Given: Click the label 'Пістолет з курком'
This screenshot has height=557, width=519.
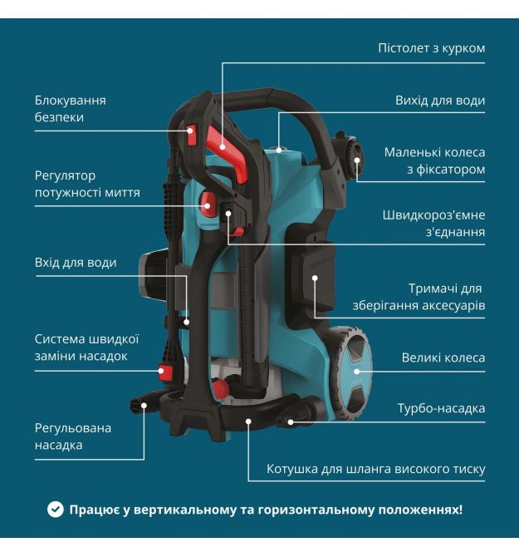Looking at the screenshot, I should point(431,48).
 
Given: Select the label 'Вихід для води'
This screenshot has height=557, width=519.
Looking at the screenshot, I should point(439,101).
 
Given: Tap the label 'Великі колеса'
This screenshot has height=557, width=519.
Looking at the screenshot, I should point(443,357).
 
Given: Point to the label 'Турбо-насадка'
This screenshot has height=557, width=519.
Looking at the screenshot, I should point(441,408).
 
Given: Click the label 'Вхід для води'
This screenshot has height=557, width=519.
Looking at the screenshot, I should point(76,263).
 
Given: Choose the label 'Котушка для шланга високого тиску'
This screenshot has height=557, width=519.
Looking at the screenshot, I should point(375,469).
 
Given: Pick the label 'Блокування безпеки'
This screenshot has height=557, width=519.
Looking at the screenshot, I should point(71,109).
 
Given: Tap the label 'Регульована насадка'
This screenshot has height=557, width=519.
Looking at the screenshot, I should point(72,436).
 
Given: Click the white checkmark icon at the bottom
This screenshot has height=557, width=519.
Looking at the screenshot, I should point(56,510).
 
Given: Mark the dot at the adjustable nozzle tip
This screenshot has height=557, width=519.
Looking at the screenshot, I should point(144,406).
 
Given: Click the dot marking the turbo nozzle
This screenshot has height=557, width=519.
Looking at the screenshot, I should point(291,422).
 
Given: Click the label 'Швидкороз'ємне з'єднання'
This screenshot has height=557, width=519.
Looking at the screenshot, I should point(433,223).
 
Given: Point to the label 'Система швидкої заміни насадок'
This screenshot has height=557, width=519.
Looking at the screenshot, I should point(86,347).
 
